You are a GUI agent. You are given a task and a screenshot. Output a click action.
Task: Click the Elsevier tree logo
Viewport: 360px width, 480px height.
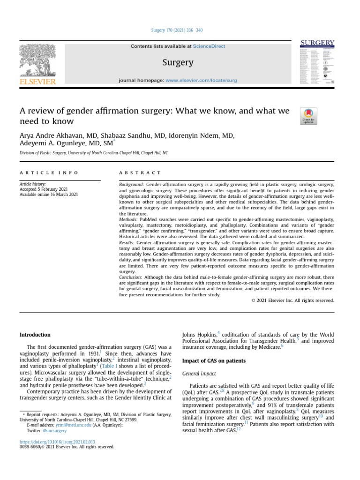(x=37, y=63)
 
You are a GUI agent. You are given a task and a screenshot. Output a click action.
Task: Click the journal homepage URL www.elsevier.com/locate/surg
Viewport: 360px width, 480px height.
(x=201, y=81)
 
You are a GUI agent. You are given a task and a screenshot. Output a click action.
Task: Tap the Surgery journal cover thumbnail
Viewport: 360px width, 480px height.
(x=317, y=64)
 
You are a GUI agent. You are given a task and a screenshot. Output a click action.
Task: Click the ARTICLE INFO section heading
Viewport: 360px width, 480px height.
(x=49, y=173)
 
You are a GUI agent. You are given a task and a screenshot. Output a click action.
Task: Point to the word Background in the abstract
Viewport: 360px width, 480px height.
(x=132, y=185)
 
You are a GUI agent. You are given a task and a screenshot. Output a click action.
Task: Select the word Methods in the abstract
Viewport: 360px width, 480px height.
(x=128, y=219)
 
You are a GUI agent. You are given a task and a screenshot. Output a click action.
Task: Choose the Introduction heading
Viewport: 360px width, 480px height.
(x=35, y=335)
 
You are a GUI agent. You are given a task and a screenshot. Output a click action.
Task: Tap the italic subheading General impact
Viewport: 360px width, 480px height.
(x=199, y=374)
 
